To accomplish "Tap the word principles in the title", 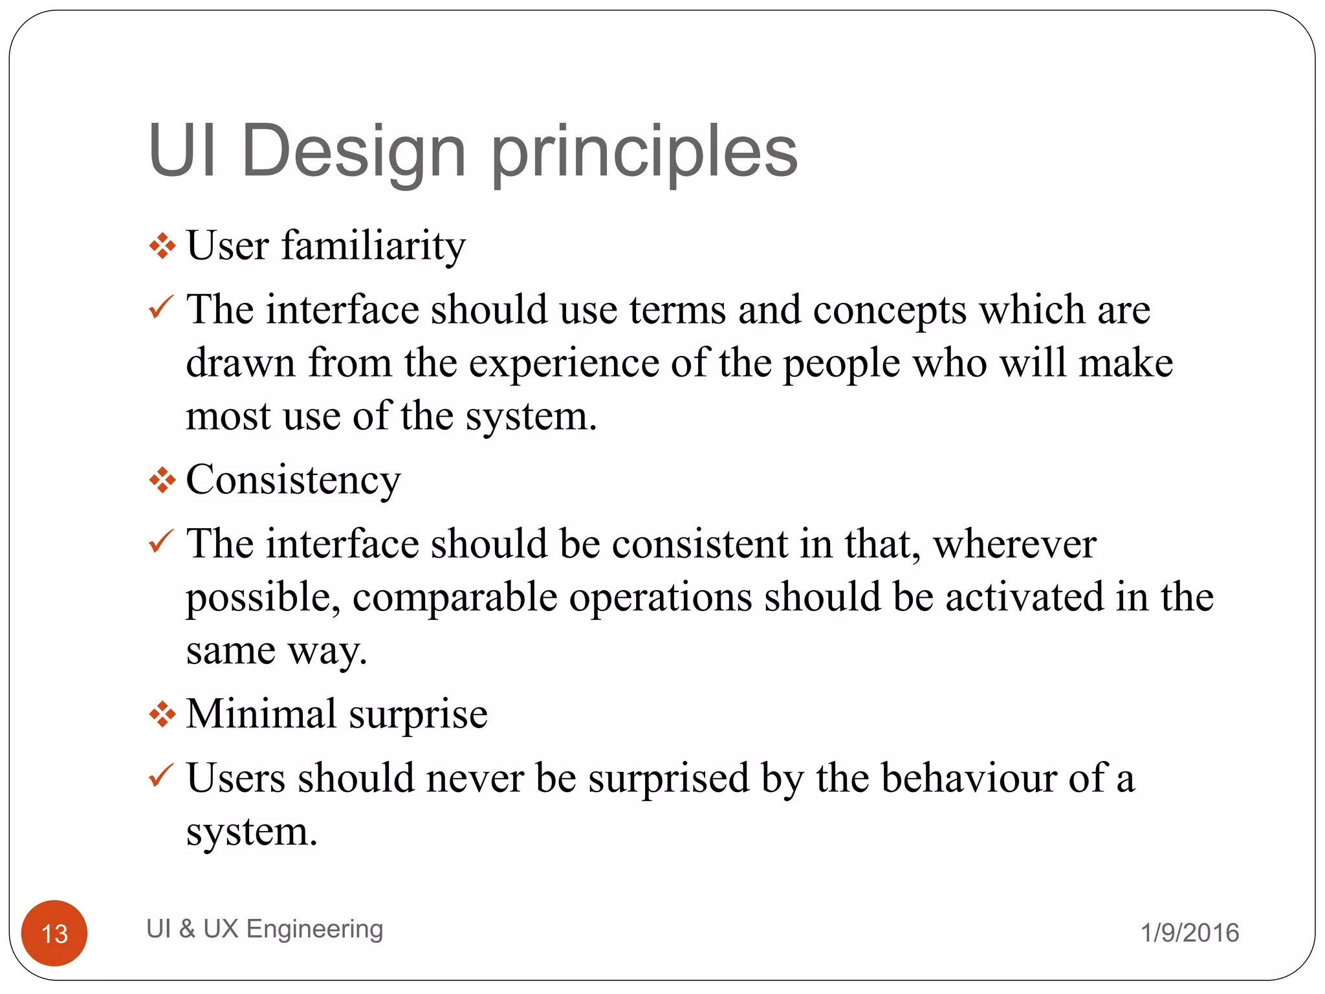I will click(x=644, y=153).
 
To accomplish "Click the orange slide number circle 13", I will click(x=54, y=933).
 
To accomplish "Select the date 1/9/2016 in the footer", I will click(x=1189, y=933).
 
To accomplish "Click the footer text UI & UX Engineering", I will click(x=265, y=929).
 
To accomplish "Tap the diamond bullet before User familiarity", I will click(x=162, y=247).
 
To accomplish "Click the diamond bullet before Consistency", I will click(x=162, y=481).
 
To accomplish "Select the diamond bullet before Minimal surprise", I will click(x=162, y=715).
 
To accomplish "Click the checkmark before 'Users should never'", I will click(x=160, y=775).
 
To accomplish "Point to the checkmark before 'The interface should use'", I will click(x=160, y=307).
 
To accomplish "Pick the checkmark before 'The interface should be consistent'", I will click(x=160, y=540).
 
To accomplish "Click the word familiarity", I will click(x=373, y=246).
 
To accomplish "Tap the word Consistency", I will click(x=293, y=481).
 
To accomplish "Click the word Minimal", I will click(x=261, y=714).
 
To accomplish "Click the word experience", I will click(x=564, y=364).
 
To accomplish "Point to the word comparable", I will click(x=454, y=597).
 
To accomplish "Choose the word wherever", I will click(x=1014, y=544).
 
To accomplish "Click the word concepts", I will click(x=890, y=311).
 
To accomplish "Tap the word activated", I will click(x=1024, y=597).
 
